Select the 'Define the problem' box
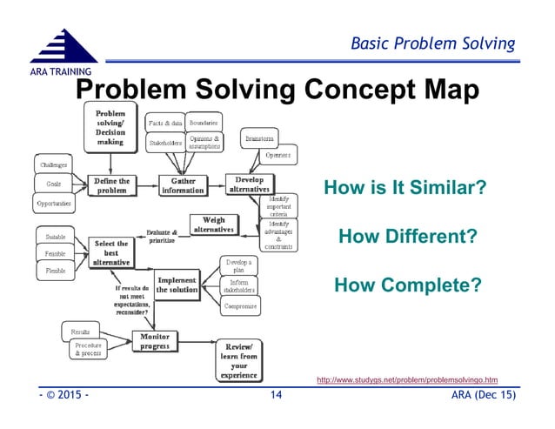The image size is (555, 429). coord(111,185)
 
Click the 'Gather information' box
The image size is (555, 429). coord(184,185)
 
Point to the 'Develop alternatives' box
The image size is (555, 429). coord(251,184)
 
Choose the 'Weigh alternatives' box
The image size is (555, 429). coord(213,225)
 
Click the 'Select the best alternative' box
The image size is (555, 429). coord(110,251)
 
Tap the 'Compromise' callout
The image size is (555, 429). coord(238,306)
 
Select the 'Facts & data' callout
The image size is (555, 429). coord(164,122)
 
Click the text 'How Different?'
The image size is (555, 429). coord(407,236)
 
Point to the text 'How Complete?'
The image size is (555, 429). coord(407,285)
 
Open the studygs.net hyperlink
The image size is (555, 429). coord(407,379)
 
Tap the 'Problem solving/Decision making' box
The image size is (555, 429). coord(110,127)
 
